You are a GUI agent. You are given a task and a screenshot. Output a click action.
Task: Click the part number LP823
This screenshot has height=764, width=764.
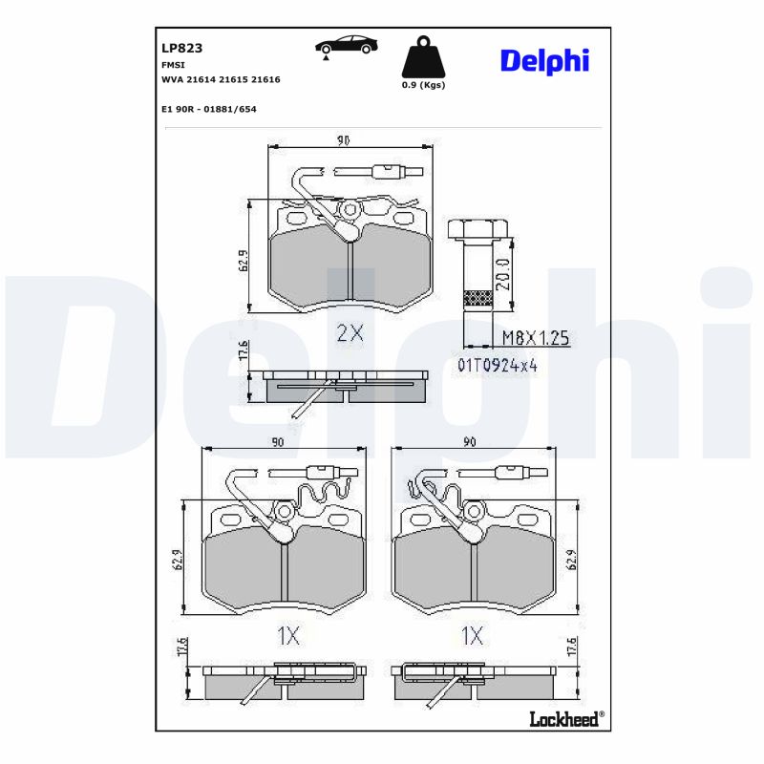tap(182, 47)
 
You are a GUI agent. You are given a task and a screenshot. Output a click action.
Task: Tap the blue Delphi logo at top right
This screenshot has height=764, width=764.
tap(544, 60)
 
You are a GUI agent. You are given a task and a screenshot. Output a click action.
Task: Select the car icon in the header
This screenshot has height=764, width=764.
tap(346, 46)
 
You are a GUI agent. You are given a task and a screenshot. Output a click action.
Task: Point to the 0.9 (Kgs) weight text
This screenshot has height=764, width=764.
tap(423, 85)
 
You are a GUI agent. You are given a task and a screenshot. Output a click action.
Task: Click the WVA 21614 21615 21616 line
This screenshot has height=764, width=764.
tap(222, 80)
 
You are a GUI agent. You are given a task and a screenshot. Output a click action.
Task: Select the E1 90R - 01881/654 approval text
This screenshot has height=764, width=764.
tap(209, 109)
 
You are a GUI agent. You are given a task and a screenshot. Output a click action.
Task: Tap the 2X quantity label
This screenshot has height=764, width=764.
tap(350, 332)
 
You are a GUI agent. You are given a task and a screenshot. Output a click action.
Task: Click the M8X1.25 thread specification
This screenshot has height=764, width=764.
tap(535, 338)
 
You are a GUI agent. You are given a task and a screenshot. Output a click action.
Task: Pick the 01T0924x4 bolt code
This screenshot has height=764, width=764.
tap(497, 365)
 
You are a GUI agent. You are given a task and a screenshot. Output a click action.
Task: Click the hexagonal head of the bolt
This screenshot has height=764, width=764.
tap(477, 228)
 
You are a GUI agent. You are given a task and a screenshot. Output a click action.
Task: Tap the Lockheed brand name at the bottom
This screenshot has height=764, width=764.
tap(563, 718)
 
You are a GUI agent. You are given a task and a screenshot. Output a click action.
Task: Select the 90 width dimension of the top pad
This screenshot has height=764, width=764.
tap(344, 141)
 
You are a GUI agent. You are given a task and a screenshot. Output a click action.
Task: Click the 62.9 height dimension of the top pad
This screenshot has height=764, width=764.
tap(243, 260)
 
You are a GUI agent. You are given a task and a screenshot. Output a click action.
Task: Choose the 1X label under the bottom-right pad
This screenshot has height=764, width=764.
tap(472, 636)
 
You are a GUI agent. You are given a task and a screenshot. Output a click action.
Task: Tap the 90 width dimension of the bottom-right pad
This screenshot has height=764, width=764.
tap(470, 442)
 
